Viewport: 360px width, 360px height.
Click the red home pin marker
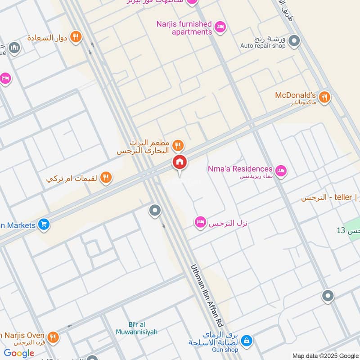(179, 162)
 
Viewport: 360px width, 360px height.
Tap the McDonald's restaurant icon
(324, 96)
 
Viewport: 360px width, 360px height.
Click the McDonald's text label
(295, 95)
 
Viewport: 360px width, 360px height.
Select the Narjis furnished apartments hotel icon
(220, 27)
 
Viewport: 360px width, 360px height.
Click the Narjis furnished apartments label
(184, 28)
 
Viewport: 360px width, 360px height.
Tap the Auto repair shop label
(263, 45)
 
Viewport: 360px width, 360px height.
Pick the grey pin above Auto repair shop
(294, 41)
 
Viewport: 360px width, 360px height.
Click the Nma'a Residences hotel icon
(281, 170)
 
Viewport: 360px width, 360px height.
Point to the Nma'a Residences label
(240, 169)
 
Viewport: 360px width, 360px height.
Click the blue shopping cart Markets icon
(44, 224)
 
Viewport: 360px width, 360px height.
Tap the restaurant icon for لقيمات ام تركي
(106, 178)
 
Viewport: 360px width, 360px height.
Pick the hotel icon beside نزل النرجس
(200, 222)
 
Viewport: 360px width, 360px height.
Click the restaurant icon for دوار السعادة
(76, 37)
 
